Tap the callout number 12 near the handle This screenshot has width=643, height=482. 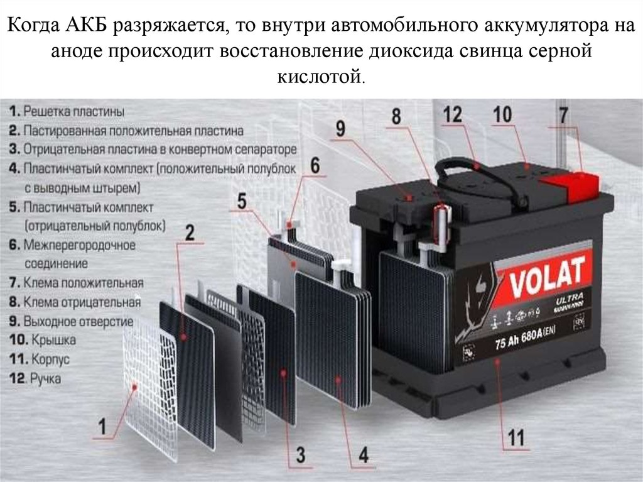[x=452, y=114]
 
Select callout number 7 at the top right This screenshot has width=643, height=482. [x=563, y=115]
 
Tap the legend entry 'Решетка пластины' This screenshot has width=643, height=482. [x=67, y=111]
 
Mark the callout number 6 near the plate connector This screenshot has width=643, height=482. [x=314, y=165]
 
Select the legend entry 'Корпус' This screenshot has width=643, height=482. [x=40, y=359]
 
